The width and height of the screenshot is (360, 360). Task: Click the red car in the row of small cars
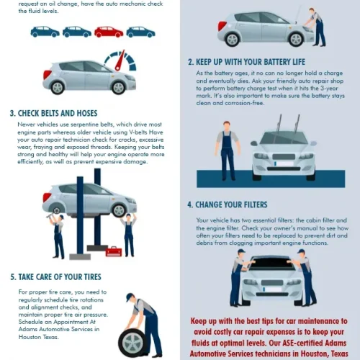point(109,32)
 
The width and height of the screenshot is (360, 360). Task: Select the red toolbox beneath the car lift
point(114,251)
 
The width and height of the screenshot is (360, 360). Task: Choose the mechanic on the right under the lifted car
point(128,232)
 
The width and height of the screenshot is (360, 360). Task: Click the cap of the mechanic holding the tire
point(130,297)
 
